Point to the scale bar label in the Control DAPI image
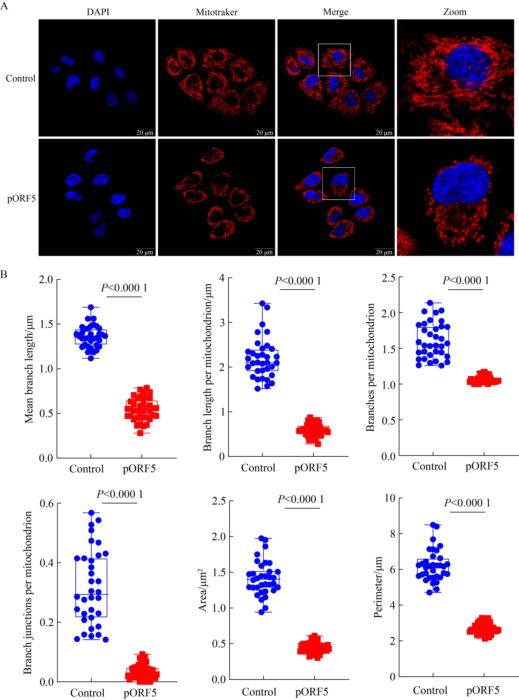(x=145, y=133)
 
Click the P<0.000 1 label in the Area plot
(x=301, y=499)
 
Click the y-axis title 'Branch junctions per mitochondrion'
(x=28, y=592)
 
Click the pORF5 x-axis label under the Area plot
(x=312, y=692)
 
